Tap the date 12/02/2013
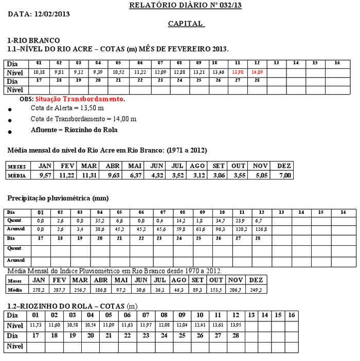52,14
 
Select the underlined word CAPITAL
186,24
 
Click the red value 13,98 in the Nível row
237,73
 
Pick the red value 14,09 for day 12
257,73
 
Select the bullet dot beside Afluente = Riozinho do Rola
10,132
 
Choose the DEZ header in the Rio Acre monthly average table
284,166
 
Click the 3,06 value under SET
219,175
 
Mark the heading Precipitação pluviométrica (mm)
58,198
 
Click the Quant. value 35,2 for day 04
100,221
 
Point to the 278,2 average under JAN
38,290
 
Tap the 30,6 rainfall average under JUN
140,290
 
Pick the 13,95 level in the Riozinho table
236,326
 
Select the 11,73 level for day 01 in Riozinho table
35,326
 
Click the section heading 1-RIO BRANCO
33,40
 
